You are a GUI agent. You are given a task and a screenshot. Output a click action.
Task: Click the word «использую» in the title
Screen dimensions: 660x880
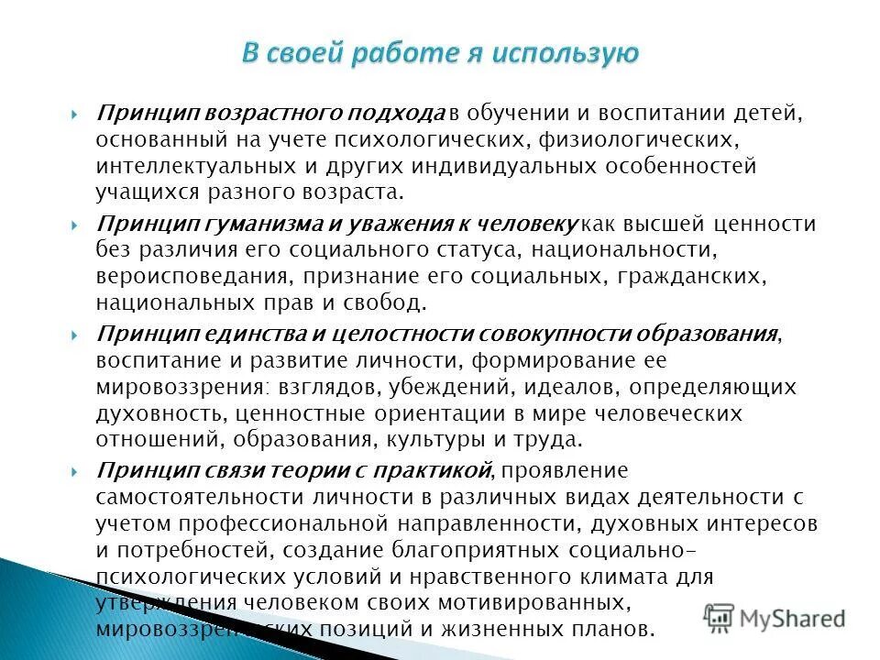pos(563,54)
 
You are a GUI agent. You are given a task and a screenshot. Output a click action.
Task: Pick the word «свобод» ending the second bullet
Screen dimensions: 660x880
pos(391,302)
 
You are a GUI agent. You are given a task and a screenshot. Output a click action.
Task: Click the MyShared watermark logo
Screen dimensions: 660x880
pos(775,618)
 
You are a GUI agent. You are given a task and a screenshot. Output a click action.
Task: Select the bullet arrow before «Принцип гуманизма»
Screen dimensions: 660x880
pos(74,225)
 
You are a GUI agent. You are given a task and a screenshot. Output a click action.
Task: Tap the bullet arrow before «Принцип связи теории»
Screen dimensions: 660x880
pos(74,472)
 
